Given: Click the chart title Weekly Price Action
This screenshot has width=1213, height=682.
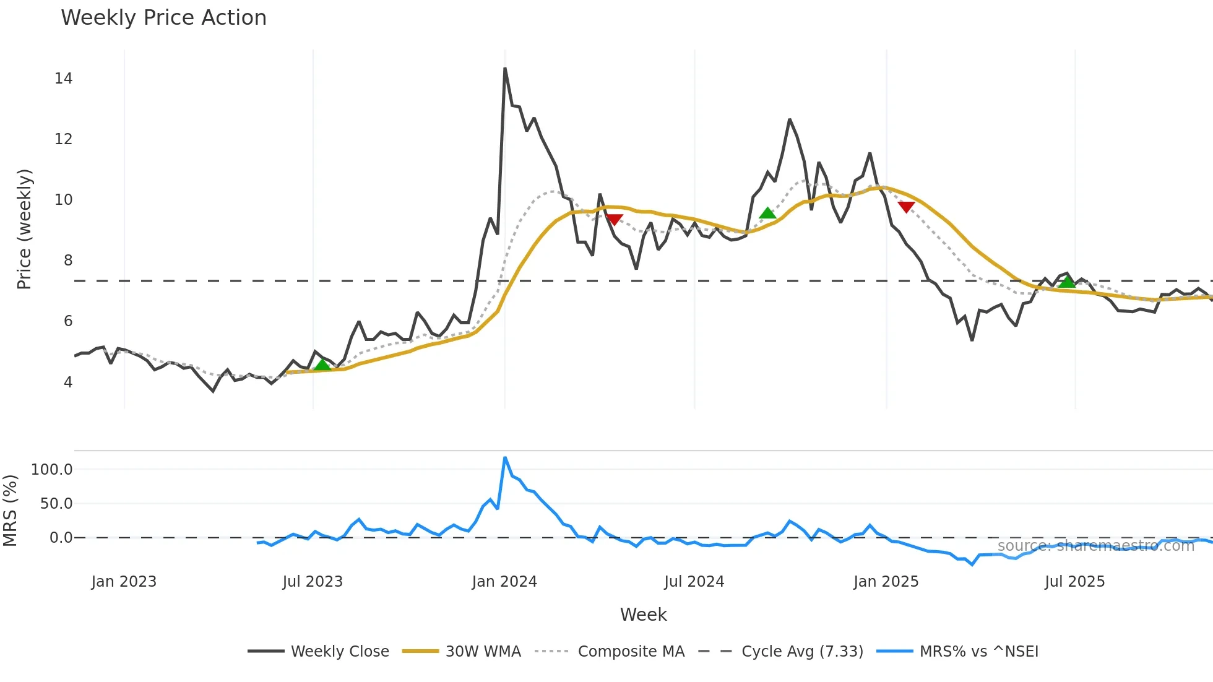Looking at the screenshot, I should tap(163, 18).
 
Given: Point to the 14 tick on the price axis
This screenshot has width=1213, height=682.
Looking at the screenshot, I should tap(63, 79).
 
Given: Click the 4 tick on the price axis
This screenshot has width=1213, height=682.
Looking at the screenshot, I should tap(68, 382).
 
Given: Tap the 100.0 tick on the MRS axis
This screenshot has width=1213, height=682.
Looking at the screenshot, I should tap(52, 470).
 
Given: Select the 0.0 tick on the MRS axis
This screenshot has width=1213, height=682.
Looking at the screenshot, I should tap(61, 538).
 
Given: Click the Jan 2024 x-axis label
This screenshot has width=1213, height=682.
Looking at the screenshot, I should tap(504, 582).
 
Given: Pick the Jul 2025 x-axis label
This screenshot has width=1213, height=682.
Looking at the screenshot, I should tap(1074, 582).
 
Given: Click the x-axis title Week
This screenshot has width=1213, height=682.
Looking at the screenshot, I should tap(643, 615).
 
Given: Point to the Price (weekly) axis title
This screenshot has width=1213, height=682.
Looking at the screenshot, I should tap(24, 229).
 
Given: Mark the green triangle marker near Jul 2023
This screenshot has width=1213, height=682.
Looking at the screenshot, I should tap(322, 365).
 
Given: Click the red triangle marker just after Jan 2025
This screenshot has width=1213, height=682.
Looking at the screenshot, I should tap(906, 207).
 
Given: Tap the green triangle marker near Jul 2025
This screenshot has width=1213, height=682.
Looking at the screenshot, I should tap(1067, 282).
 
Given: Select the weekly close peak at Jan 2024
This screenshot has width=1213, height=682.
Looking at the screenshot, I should tap(505, 69).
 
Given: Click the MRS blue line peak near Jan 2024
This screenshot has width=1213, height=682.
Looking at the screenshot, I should tap(505, 458).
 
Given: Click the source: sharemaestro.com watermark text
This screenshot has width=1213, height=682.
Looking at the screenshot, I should tap(1095, 546).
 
